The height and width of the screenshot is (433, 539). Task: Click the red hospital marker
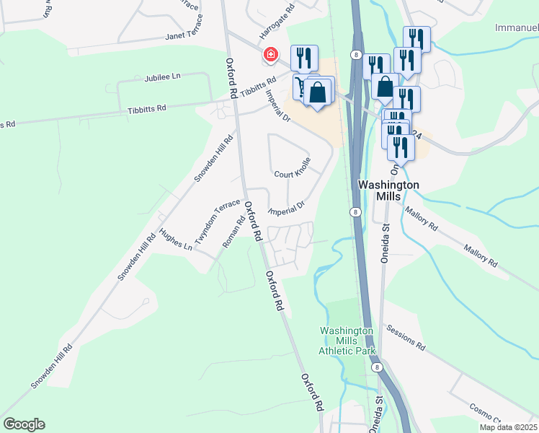(x=271, y=54)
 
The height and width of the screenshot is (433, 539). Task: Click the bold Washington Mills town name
(x=388, y=191)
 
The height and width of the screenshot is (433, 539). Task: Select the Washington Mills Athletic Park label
(x=347, y=341)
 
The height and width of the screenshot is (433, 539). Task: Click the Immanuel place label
(x=517, y=28)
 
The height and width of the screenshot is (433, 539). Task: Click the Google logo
(x=24, y=424)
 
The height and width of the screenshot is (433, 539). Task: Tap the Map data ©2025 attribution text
(x=508, y=427)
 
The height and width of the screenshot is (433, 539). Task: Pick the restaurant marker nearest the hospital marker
(x=303, y=58)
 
